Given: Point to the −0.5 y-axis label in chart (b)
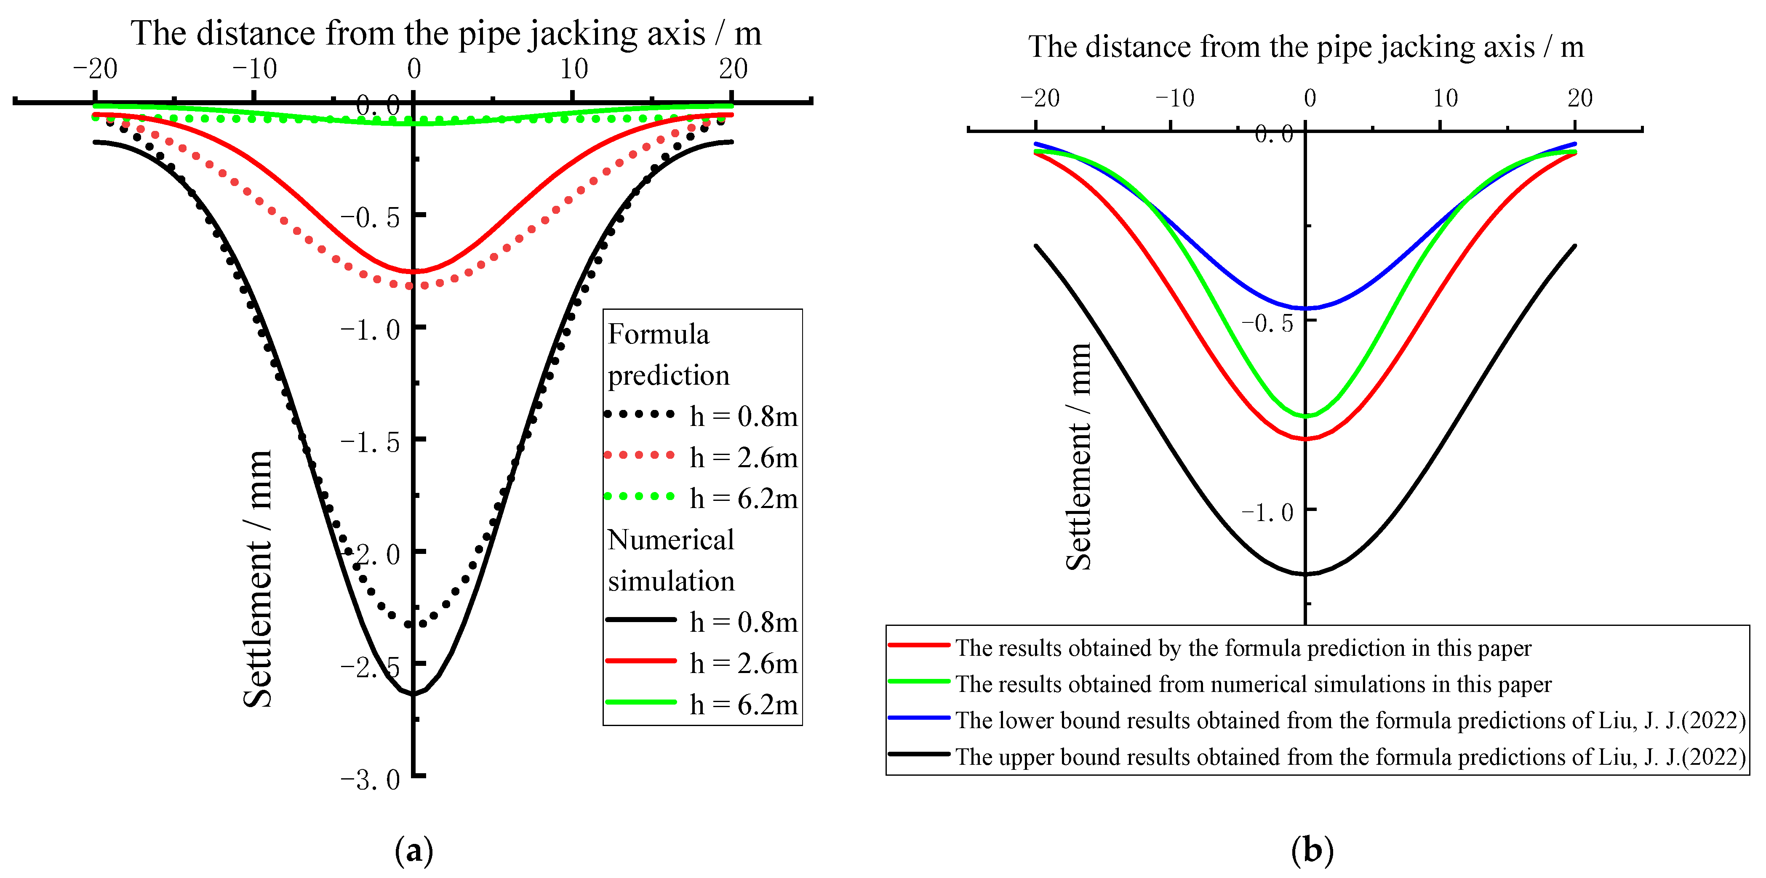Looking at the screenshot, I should [1267, 323].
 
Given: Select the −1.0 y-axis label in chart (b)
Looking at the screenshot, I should [1267, 512].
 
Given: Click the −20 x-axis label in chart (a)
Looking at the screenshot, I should [95, 69].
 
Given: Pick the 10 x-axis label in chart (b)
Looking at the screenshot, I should [1445, 98].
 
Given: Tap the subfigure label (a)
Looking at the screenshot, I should [414, 851].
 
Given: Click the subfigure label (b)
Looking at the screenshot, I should [1312, 851].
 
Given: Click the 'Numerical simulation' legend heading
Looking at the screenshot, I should [670, 560].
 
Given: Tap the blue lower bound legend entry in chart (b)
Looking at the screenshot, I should [1316, 720].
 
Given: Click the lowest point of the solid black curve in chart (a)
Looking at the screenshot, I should [413, 694].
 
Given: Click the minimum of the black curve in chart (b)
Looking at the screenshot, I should [1306, 574].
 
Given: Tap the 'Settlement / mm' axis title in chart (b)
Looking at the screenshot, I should [1078, 457].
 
